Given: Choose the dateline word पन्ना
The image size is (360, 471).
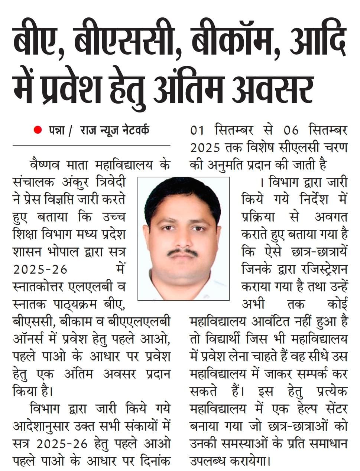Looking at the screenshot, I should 56,130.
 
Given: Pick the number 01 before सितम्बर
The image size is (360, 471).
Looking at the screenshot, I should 198,130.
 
